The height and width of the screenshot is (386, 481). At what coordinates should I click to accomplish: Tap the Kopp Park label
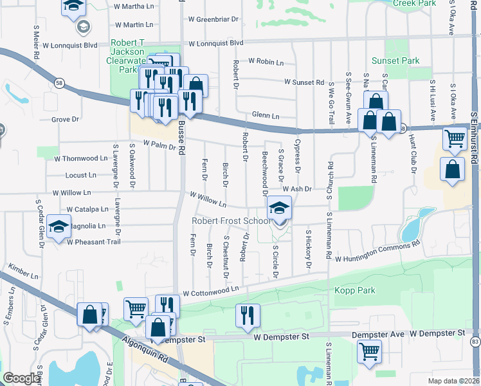(354, 291)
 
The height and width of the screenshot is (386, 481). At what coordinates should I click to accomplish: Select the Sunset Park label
(400, 61)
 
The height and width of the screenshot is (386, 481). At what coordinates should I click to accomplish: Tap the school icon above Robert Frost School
(279, 208)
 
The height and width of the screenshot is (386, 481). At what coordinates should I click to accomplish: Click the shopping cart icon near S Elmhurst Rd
(455, 138)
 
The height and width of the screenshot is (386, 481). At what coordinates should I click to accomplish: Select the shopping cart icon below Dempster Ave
(370, 351)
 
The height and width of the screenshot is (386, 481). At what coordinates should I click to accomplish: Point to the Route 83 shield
(475, 341)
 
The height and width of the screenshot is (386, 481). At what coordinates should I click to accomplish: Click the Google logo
(22, 378)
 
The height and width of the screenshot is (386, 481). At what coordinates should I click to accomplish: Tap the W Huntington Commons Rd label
(376, 250)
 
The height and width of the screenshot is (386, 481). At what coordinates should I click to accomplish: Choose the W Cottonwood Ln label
(211, 291)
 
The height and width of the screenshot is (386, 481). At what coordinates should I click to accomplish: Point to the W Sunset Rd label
(304, 82)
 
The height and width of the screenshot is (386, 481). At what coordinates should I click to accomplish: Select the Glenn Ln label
(266, 116)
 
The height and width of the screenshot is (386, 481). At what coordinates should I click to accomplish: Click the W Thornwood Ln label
(80, 158)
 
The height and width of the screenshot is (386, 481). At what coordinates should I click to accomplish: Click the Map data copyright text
(453, 381)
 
